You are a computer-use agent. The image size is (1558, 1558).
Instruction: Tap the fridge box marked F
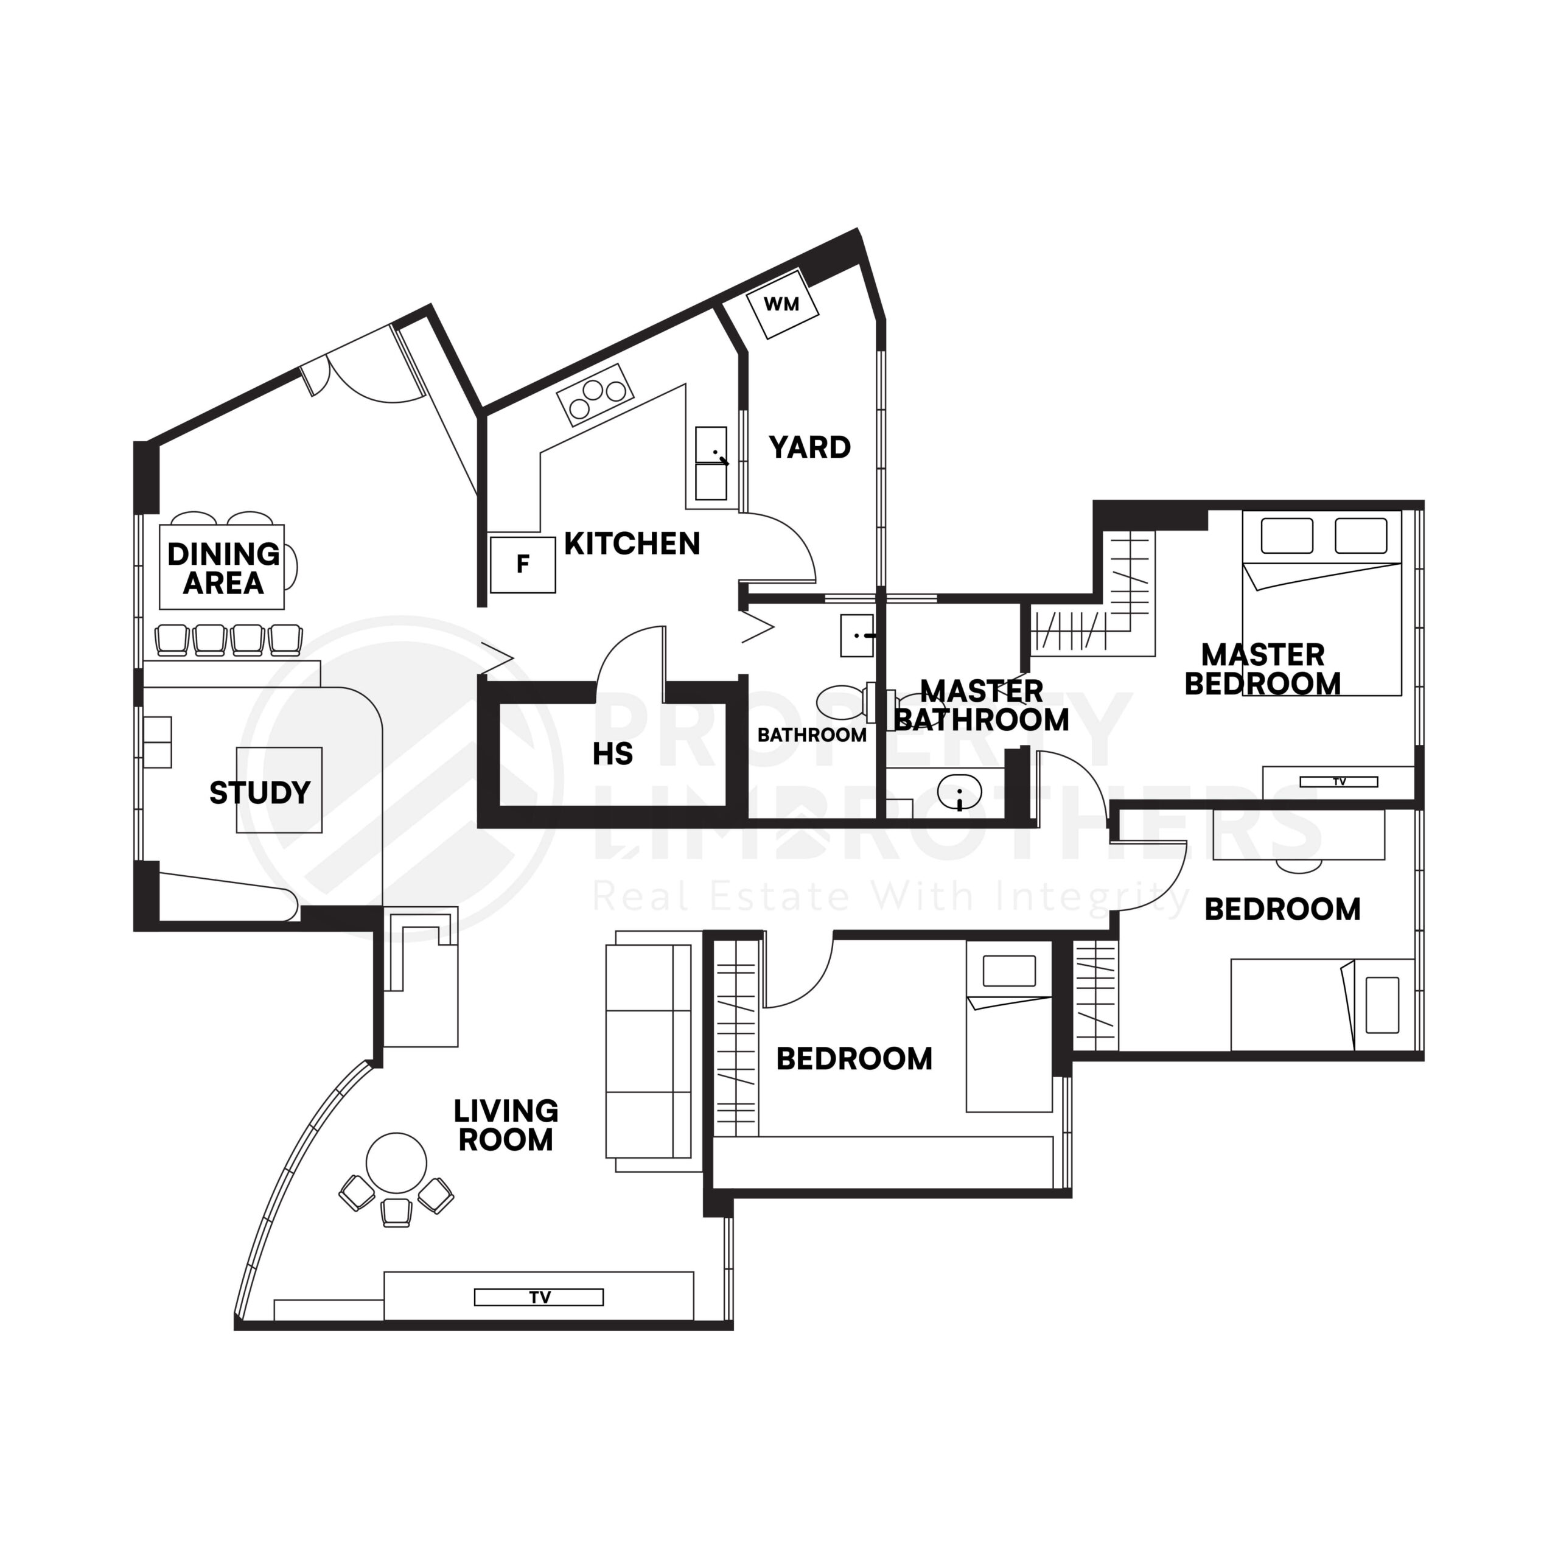pos(523,565)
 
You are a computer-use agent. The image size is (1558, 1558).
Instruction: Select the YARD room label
pos(809,447)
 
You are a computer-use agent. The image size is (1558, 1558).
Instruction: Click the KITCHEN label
pos(632,544)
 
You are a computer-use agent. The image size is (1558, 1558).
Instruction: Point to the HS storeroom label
pos(612,754)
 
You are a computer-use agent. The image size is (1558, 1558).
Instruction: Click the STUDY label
pos(260,793)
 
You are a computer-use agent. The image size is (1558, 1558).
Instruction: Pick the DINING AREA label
pos(223,568)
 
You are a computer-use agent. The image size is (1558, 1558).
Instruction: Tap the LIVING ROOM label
pos(506,1125)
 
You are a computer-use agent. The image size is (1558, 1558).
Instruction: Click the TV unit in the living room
pos(539,1297)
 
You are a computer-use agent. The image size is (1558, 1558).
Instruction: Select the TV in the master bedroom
pos(1339,781)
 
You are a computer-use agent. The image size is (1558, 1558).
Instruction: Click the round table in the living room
pos(396,1163)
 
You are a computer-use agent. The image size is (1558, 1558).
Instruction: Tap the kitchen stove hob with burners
pos(595,396)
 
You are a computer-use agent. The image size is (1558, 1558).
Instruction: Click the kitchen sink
pos(710,464)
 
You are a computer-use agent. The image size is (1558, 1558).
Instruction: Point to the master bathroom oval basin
pos(959,792)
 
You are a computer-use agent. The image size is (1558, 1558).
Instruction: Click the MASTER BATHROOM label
pos(982,705)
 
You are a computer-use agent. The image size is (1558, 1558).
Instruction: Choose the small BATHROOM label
pos(811,735)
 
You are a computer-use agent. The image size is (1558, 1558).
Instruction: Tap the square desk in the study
pos(279,789)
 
